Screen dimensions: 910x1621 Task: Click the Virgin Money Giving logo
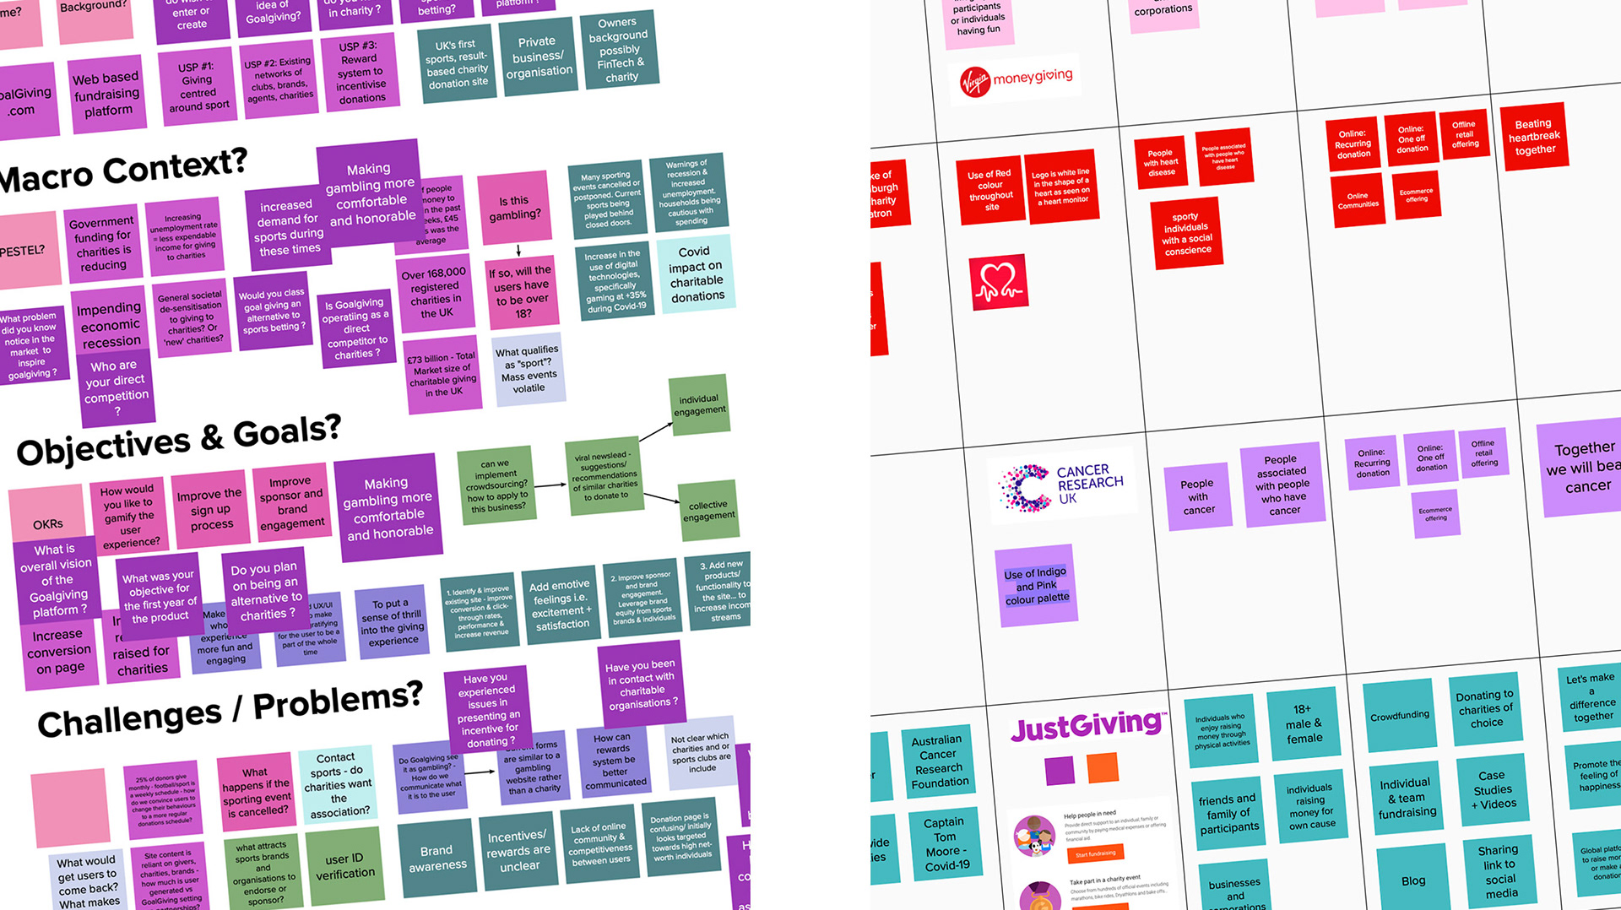point(1016,80)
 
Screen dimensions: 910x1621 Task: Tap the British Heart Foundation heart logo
point(998,282)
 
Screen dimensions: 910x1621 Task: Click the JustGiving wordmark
point(1087,726)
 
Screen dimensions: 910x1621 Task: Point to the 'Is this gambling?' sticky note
point(514,208)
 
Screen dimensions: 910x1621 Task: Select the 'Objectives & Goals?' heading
point(178,440)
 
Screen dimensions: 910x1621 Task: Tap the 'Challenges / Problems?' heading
point(230,711)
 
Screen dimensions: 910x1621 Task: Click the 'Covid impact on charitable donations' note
point(697,274)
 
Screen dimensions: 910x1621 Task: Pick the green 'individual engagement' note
point(699,405)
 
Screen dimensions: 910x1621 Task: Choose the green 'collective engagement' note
point(708,511)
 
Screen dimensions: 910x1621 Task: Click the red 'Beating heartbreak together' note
point(1533,137)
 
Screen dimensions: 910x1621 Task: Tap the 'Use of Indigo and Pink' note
point(1036,586)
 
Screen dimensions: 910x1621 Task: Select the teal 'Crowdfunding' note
point(1400,716)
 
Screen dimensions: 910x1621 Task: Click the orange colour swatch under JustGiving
point(1102,767)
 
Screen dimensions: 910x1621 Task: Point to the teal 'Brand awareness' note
point(436,858)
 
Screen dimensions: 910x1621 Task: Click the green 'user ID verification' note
point(344,866)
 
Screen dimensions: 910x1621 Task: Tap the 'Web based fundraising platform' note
point(107,95)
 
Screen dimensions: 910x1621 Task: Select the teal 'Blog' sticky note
point(1413,880)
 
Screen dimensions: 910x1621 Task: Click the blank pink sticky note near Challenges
point(70,806)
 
